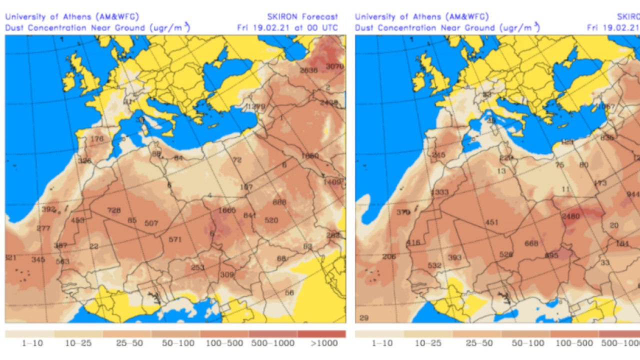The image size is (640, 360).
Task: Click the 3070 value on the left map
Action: point(335,66)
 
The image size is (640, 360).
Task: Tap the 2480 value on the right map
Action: point(570,216)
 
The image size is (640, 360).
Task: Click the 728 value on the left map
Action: point(114,210)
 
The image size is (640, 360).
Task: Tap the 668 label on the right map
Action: point(531,243)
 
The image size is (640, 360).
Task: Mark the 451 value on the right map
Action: point(492,222)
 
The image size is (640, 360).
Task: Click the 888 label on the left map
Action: point(279,202)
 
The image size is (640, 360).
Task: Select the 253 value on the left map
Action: point(198,267)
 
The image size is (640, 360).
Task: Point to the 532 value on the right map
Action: point(434,265)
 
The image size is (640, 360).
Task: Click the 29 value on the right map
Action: point(364,318)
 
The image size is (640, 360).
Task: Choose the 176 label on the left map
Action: point(96,138)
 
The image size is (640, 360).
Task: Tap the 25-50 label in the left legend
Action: point(126,343)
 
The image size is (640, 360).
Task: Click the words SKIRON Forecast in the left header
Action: point(303,16)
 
